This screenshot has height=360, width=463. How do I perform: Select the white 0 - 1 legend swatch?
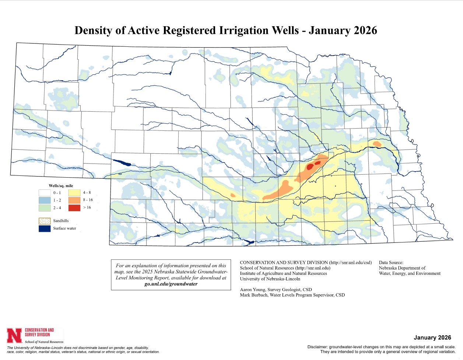45,193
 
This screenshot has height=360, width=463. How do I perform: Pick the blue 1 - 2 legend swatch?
45,200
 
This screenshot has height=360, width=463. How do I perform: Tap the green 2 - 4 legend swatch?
45,208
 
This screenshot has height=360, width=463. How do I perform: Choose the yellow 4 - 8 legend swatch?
74,193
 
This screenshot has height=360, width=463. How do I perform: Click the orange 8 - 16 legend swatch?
74,200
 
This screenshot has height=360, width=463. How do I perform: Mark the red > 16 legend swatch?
74,208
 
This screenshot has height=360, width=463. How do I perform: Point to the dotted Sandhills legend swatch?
45,221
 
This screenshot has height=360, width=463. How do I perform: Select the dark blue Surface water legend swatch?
45,228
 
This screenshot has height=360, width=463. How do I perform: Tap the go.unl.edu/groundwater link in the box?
171,284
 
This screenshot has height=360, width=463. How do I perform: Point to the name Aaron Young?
252,290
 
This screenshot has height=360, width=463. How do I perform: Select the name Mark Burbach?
253,295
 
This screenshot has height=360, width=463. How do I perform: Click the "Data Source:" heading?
391,263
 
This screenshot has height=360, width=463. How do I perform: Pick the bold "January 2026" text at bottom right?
432,338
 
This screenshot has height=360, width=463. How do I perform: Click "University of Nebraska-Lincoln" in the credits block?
270,279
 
